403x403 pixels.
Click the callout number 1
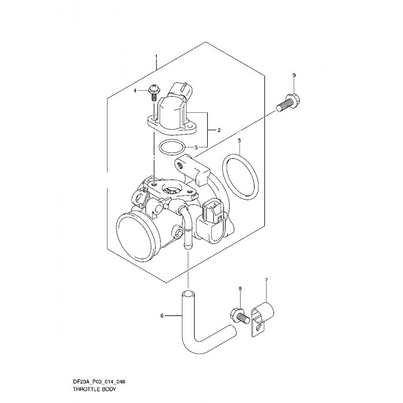point(155,56)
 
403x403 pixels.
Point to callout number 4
point(135,91)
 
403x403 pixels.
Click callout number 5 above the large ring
point(239,140)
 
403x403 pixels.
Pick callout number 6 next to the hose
point(162,315)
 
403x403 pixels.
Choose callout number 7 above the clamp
point(266,280)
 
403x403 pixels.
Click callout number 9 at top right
point(294,76)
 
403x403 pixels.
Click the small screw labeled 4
point(154,92)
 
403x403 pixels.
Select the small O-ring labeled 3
point(169,148)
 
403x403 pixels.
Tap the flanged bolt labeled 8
point(241,314)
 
